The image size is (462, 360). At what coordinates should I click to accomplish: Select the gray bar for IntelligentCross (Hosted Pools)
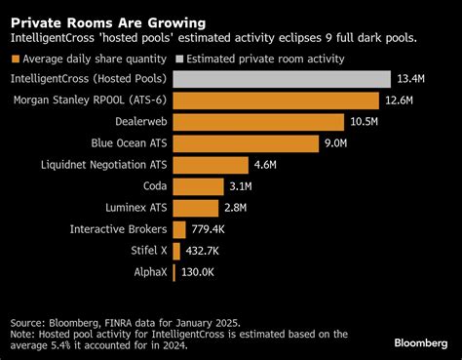[282, 78]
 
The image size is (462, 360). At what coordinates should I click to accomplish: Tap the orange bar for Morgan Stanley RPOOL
[276, 100]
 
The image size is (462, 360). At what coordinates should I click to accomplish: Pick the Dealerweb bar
[258, 122]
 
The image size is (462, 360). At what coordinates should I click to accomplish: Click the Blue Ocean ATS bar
[246, 143]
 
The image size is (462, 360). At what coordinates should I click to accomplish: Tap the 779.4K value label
[212, 229]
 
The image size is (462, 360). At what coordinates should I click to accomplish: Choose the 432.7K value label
[205, 251]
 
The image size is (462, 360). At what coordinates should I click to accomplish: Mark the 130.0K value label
[200, 272]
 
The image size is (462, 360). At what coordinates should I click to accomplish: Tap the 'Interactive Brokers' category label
[117, 229]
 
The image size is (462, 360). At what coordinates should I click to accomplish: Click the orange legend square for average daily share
[16, 58]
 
